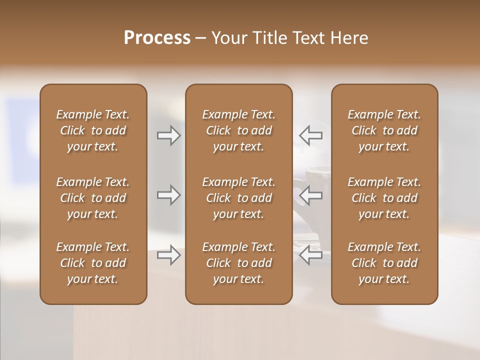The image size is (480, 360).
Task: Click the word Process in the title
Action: pos(157,38)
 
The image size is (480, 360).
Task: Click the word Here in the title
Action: pos(349,38)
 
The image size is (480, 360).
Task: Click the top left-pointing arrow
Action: pos(310,135)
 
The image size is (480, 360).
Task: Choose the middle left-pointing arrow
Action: pos(310,195)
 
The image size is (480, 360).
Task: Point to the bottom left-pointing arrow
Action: pos(310,255)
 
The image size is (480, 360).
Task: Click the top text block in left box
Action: pos(93,130)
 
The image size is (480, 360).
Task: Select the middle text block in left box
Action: pos(93,198)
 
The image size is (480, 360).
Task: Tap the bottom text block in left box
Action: pos(93,263)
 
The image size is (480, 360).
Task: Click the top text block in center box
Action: pos(238,130)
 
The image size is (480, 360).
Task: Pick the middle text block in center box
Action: pos(238,198)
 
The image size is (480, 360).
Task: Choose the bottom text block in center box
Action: pos(238,263)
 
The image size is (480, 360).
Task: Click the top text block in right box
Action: pos(384,130)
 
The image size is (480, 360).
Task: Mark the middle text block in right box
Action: pos(384,198)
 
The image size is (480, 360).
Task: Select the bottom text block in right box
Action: pos(384,263)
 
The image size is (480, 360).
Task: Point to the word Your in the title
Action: pos(228,38)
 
